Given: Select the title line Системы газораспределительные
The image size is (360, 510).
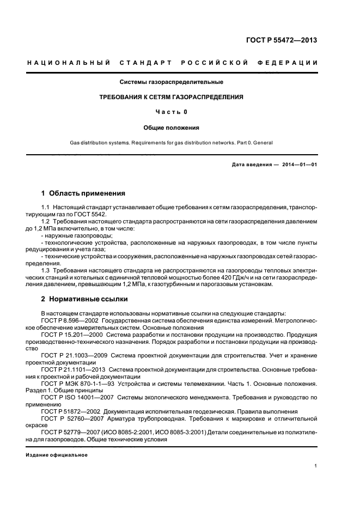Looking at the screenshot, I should tap(172, 82).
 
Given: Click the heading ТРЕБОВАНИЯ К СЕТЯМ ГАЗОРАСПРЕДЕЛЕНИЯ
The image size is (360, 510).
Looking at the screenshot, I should tap(171, 97).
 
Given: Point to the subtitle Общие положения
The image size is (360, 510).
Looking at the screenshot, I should tap(171, 127).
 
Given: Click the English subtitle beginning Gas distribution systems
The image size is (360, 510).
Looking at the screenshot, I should tap(171, 143).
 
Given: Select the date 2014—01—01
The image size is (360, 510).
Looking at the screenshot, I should tap(298, 164).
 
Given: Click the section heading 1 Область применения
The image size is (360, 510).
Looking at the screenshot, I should tap(83, 193).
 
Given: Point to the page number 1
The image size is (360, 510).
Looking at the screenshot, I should tap(316, 466).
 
